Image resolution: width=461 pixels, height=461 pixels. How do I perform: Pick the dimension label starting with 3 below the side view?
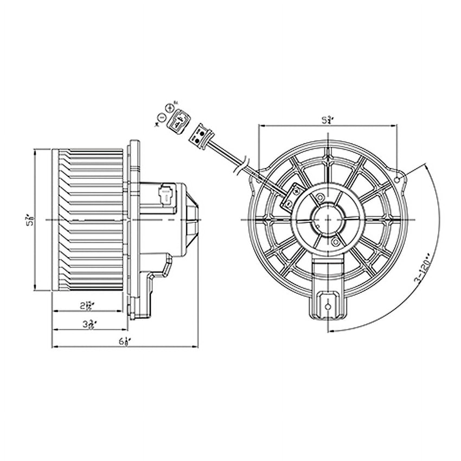click(x=88, y=324)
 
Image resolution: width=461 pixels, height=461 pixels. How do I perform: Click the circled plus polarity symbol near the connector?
click(x=170, y=108)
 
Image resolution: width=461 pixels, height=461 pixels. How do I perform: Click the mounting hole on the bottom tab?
click(x=328, y=307)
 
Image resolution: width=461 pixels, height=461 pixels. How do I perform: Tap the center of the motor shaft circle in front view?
click(x=328, y=219)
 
